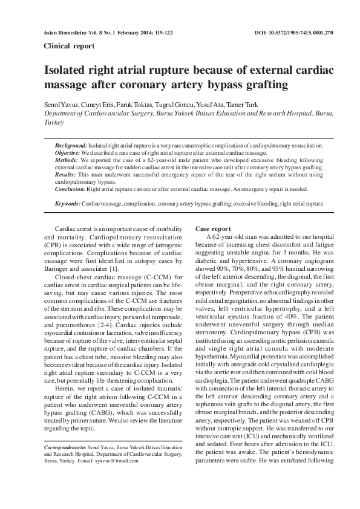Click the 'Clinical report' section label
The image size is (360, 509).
pyautogui.click(x=67, y=45)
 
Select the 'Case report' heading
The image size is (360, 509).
pyautogui.click(x=213, y=229)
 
